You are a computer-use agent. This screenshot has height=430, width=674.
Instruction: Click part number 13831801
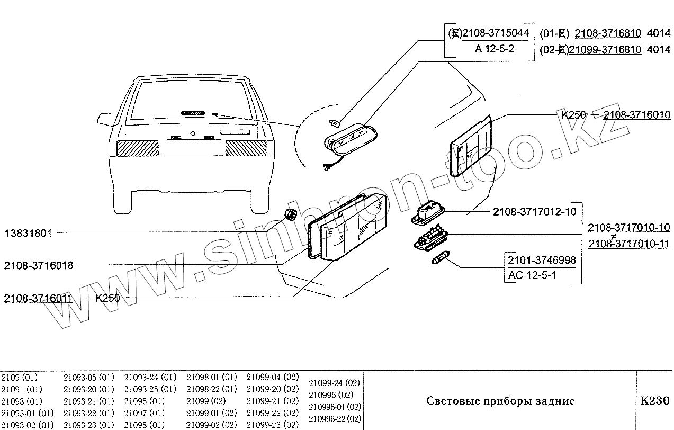coord(29,233)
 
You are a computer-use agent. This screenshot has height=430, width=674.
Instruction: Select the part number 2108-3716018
coord(39,265)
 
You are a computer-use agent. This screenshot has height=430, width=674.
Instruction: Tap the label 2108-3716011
coord(38,298)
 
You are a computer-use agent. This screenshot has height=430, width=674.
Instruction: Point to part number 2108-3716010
coord(636,115)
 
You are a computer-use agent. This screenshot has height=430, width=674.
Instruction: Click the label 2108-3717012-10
coord(534,212)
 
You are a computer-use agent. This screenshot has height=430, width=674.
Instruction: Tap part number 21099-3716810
coord(605,49)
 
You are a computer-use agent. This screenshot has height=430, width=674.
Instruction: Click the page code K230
coord(655,400)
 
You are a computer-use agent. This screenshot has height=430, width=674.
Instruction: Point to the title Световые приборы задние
coord(500,401)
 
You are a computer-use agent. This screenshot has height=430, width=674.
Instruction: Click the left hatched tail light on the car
coord(137,148)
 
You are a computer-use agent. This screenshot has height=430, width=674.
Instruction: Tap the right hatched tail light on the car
coord(246,148)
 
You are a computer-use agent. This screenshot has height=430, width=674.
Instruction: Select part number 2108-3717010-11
coord(629,244)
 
